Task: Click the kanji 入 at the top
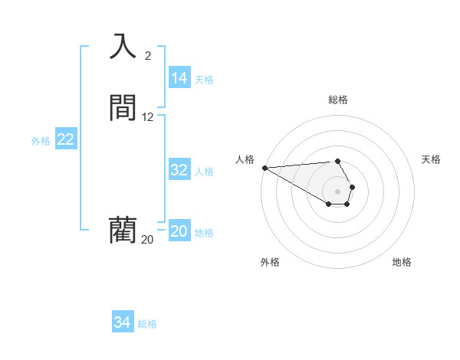pos(123,46)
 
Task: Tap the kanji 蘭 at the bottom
pos(123,230)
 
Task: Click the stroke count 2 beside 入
pos(148,55)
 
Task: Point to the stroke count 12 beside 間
pos(148,117)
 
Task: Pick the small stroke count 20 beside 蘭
pos(147,240)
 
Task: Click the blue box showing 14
pos(179,78)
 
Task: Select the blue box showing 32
pos(179,170)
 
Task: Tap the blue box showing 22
pos(66,139)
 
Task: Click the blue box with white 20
pos(179,231)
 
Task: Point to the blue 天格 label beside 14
pos(204,80)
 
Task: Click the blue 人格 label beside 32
pos(204,172)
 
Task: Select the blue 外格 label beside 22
pos(41,141)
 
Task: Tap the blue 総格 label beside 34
pos(147,324)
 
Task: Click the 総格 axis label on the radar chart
pos(337,100)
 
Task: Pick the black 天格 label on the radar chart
pos(431,159)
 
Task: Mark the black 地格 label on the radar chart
pos(402,262)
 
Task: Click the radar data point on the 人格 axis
pos(264,168)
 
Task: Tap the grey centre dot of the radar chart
pos(337,191)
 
